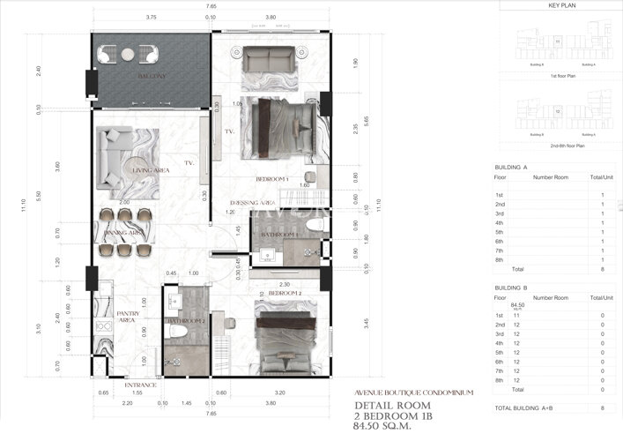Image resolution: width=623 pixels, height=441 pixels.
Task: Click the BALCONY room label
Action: pos(152,78)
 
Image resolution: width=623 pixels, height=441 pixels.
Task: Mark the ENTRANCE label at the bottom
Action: pos(141,385)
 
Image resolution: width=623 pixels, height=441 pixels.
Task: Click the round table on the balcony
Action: pos(128,55)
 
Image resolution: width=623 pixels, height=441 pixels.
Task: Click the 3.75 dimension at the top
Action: pos(152,17)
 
